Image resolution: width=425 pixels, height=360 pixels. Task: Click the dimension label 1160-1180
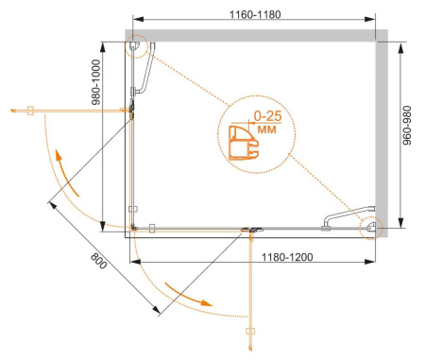pos(255,14)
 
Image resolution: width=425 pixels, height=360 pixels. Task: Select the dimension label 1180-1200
pos(287,257)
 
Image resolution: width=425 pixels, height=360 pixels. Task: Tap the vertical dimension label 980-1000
pos(95,82)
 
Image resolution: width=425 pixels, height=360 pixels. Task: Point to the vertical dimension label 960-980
pos(407,125)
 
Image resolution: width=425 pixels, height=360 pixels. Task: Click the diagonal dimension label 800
pos(98,261)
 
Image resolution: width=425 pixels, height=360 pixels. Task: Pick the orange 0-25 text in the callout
pos(267,116)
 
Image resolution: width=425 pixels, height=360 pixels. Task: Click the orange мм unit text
pos(266,129)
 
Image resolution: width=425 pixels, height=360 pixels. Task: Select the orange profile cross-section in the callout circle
pos(244,143)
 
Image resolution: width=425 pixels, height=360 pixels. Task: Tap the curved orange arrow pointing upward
pos(66,173)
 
